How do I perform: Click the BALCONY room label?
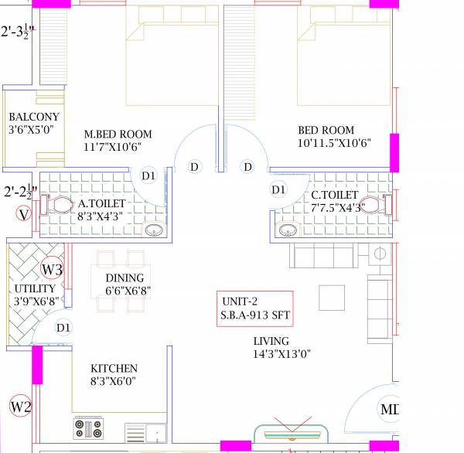[33, 117]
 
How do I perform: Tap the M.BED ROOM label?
[118, 132]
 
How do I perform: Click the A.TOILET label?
[101, 203]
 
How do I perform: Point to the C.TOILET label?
[334, 196]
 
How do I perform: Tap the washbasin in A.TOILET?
[154, 230]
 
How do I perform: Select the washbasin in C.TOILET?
[288, 230]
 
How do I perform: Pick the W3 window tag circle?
[52, 270]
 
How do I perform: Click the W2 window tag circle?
[20, 405]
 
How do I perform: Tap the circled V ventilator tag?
[23, 214]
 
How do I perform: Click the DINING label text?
[124, 278]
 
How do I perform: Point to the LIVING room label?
[271, 341]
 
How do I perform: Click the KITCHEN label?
[114, 369]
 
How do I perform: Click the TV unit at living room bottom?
[292, 434]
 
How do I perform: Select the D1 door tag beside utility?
[63, 327]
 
